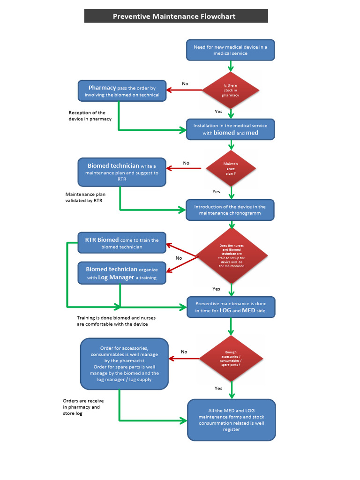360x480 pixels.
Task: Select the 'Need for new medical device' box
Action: click(230, 50)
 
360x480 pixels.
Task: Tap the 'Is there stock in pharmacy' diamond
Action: click(230, 90)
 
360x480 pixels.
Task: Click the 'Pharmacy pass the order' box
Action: click(122, 91)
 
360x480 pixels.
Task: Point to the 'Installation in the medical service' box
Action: click(230, 129)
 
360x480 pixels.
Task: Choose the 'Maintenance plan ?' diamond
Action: click(231, 168)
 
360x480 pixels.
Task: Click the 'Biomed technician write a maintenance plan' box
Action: click(122, 172)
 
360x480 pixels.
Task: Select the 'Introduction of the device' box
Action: click(230, 210)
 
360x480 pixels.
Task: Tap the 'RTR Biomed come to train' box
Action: click(122, 243)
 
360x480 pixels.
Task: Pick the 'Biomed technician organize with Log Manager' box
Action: click(122, 273)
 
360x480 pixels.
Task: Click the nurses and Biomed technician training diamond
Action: click(232, 255)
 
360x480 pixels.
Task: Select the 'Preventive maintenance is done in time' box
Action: click(231, 307)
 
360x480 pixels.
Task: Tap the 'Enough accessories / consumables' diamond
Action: click(231, 358)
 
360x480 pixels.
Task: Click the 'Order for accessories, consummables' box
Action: click(124, 364)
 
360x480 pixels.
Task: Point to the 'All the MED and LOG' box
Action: click(231, 420)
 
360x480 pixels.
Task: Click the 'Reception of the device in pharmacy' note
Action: click(90, 116)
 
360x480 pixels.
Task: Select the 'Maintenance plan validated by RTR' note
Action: click(85, 197)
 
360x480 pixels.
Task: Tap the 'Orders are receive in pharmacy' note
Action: click(83, 407)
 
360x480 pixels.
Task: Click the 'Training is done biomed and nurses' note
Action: click(116, 321)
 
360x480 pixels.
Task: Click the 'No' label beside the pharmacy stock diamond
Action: click(185, 84)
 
